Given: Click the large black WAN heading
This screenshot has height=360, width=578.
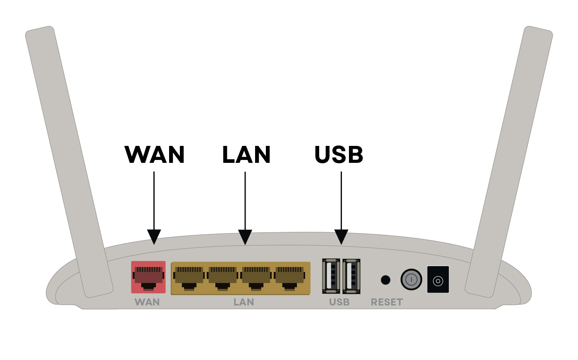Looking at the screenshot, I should (x=155, y=155).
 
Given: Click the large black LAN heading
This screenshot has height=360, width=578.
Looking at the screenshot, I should (x=246, y=155).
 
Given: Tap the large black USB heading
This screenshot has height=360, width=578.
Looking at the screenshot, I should (x=339, y=155).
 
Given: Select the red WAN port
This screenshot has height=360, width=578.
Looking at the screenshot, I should (x=148, y=277).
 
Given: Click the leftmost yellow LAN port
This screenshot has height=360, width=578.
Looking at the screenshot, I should (x=189, y=278).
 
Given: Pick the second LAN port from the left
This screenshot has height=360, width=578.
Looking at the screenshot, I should (x=223, y=278).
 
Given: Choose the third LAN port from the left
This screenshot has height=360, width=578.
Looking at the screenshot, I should (x=256, y=278).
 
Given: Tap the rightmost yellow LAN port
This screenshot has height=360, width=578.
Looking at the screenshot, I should (x=290, y=278).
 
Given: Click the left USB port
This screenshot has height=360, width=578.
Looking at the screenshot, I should (x=331, y=276).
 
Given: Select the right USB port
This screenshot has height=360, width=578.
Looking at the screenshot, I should (x=351, y=276).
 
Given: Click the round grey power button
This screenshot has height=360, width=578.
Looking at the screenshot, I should (x=411, y=279).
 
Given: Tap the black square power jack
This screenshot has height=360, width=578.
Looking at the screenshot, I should (x=438, y=280).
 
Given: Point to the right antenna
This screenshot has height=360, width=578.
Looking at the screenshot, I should (x=509, y=161).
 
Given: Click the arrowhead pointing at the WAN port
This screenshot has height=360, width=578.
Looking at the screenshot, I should (x=154, y=237).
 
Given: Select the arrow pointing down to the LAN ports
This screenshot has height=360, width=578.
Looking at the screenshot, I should (x=245, y=207).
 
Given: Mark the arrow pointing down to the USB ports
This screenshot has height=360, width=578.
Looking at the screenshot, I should (x=341, y=207).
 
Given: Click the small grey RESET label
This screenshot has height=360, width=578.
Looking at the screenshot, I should (x=387, y=302).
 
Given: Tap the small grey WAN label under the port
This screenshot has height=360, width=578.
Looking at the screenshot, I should (x=147, y=302).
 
